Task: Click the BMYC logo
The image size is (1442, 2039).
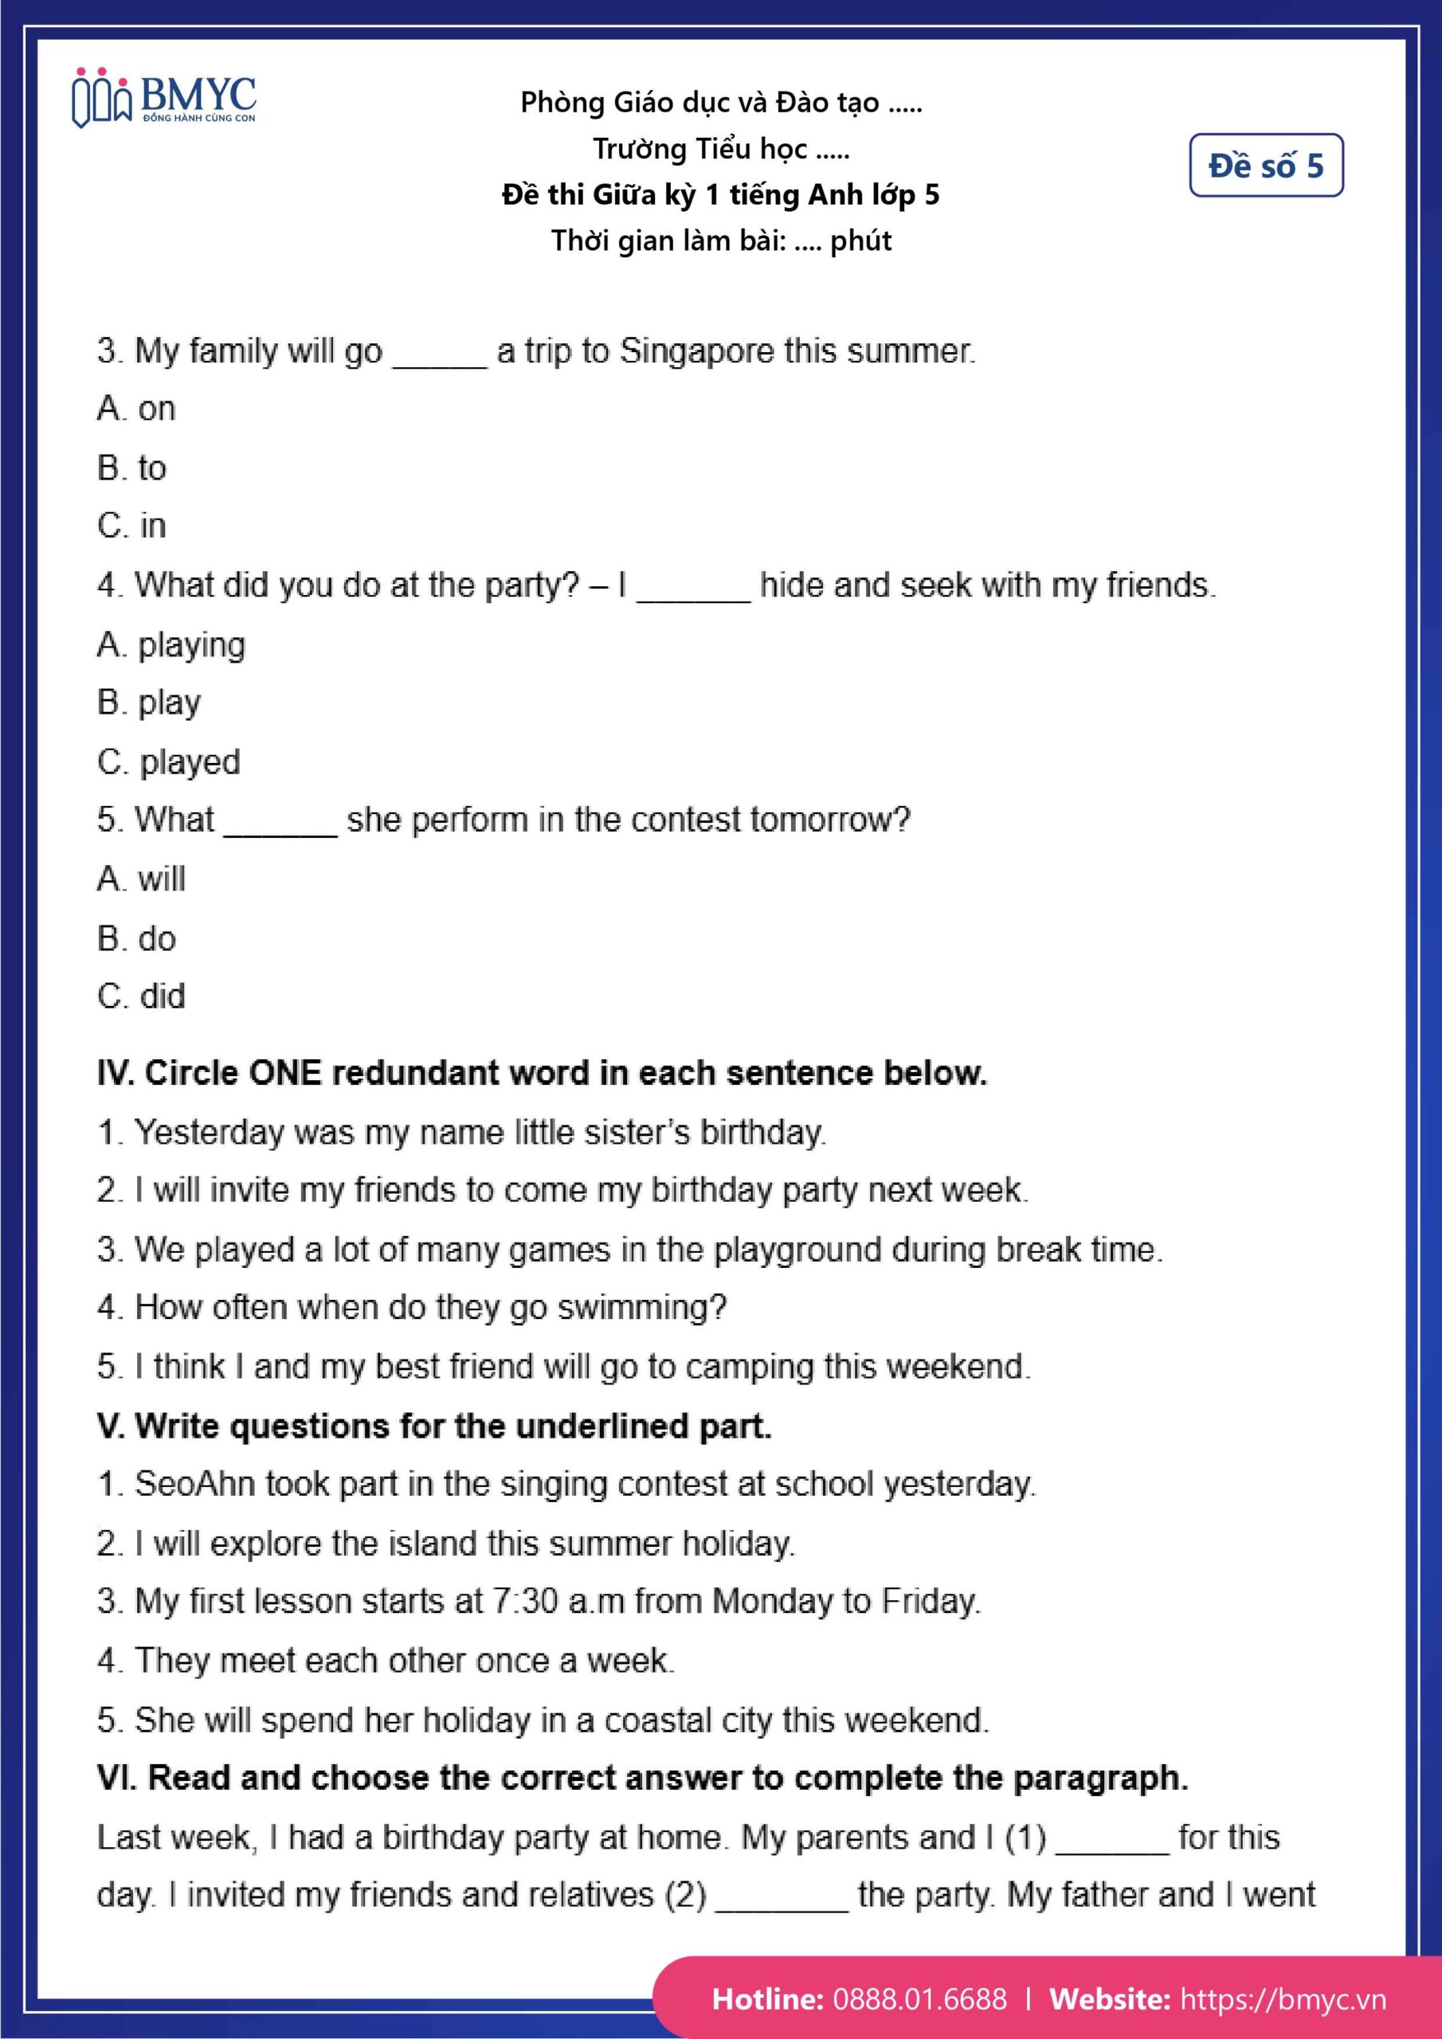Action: (163, 98)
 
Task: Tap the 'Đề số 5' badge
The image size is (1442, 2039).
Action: (1265, 165)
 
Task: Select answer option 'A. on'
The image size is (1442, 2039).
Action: (137, 409)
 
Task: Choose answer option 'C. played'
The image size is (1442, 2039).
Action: (169, 762)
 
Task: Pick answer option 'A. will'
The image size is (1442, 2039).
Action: (141, 879)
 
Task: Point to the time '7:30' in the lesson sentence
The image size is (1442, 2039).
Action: (525, 1602)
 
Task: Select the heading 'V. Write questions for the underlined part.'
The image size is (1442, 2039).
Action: (434, 1427)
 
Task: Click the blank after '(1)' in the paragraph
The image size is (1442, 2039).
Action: (1111, 1839)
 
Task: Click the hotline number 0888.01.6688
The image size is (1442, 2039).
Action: (919, 1999)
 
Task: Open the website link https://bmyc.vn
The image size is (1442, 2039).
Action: (1282, 1999)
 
